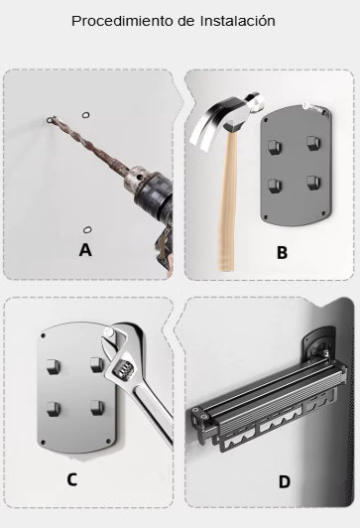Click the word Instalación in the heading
click(x=238, y=21)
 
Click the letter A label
click(x=85, y=250)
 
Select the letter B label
click(x=282, y=252)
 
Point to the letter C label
click(x=72, y=479)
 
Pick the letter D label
click(x=285, y=482)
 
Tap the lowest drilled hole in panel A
click(x=87, y=230)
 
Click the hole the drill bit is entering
click(x=52, y=119)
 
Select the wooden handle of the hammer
click(x=227, y=198)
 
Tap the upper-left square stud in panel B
click(x=274, y=147)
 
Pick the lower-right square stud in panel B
click(x=313, y=183)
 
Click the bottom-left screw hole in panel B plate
click(x=266, y=217)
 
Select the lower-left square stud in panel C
click(x=54, y=409)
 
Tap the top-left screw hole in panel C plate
click(x=43, y=335)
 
